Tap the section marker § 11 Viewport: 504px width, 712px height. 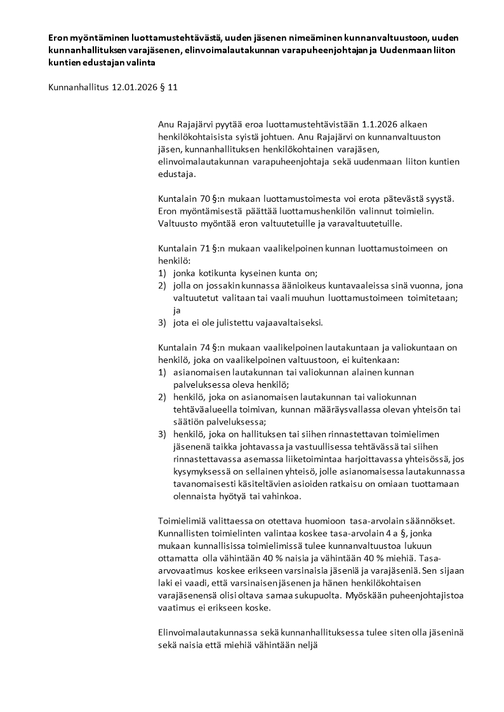168,88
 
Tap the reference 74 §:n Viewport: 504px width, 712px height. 206,347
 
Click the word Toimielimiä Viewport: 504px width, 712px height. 182,520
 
